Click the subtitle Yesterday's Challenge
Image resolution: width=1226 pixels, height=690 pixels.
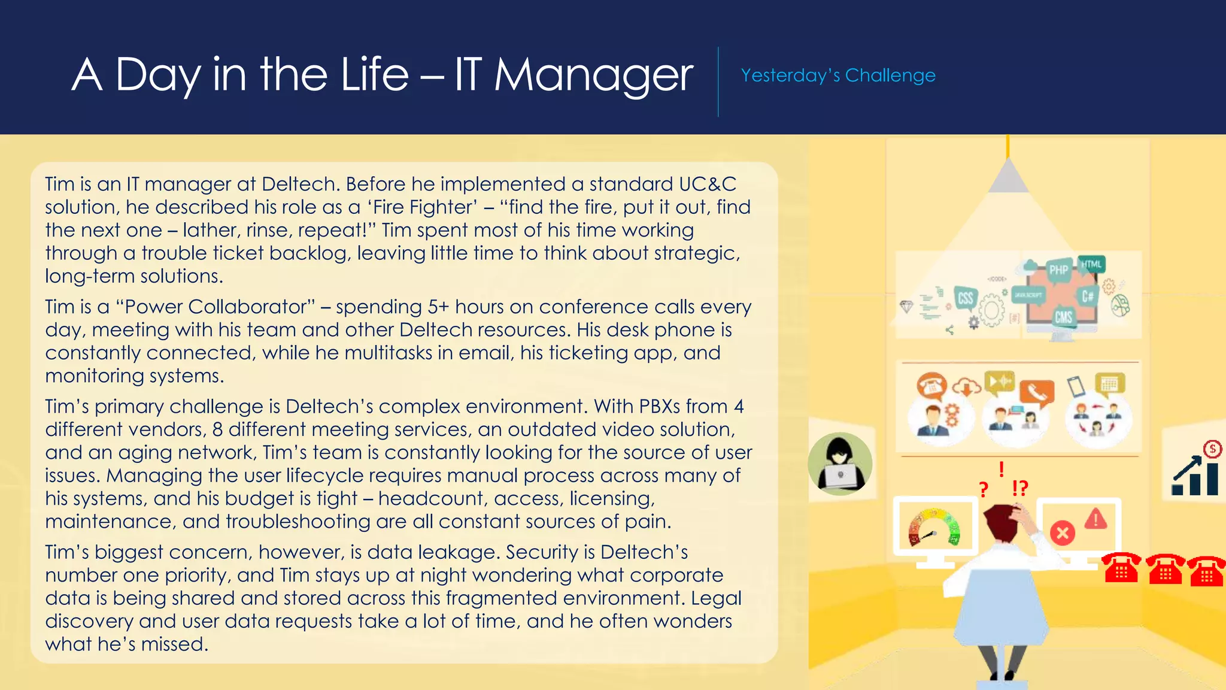click(x=837, y=75)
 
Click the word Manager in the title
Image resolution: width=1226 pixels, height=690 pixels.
click(x=593, y=75)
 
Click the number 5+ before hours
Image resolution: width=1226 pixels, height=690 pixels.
click(x=438, y=307)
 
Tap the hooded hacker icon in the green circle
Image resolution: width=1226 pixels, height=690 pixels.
click(x=840, y=464)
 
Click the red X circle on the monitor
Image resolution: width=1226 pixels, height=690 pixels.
click(x=1063, y=533)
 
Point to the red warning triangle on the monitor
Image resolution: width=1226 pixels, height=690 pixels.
click(x=1095, y=519)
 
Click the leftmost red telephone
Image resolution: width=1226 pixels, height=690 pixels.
click(x=1121, y=568)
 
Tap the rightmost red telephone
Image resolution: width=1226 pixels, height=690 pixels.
click(x=1207, y=571)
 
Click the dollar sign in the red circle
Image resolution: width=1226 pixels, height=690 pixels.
click(x=1212, y=449)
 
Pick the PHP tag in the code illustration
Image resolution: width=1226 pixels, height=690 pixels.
click(x=1058, y=270)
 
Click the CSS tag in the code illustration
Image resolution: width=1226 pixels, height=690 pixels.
click(x=965, y=298)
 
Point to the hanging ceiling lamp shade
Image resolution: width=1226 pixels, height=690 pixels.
click(x=1008, y=176)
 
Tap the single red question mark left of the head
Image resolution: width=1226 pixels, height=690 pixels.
click(x=983, y=490)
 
